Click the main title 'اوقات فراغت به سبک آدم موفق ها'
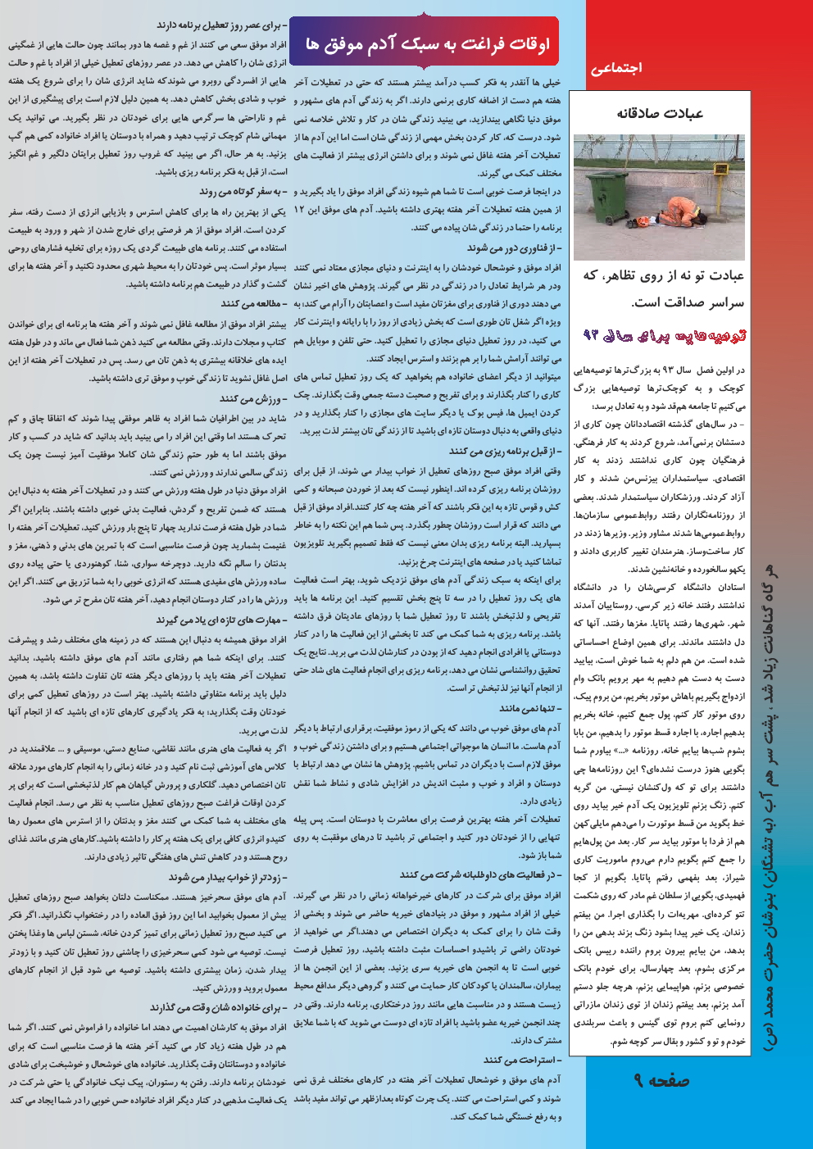(x=427, y=43)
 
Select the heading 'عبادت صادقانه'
(x=659, y=113)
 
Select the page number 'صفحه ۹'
(x=662, y=1081)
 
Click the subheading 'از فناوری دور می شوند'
(x=514, y=248)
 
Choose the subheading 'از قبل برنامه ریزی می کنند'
(x=505, y=451)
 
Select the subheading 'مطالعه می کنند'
(x=253, y=304)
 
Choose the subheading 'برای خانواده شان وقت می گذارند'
(x=219, y=1007)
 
